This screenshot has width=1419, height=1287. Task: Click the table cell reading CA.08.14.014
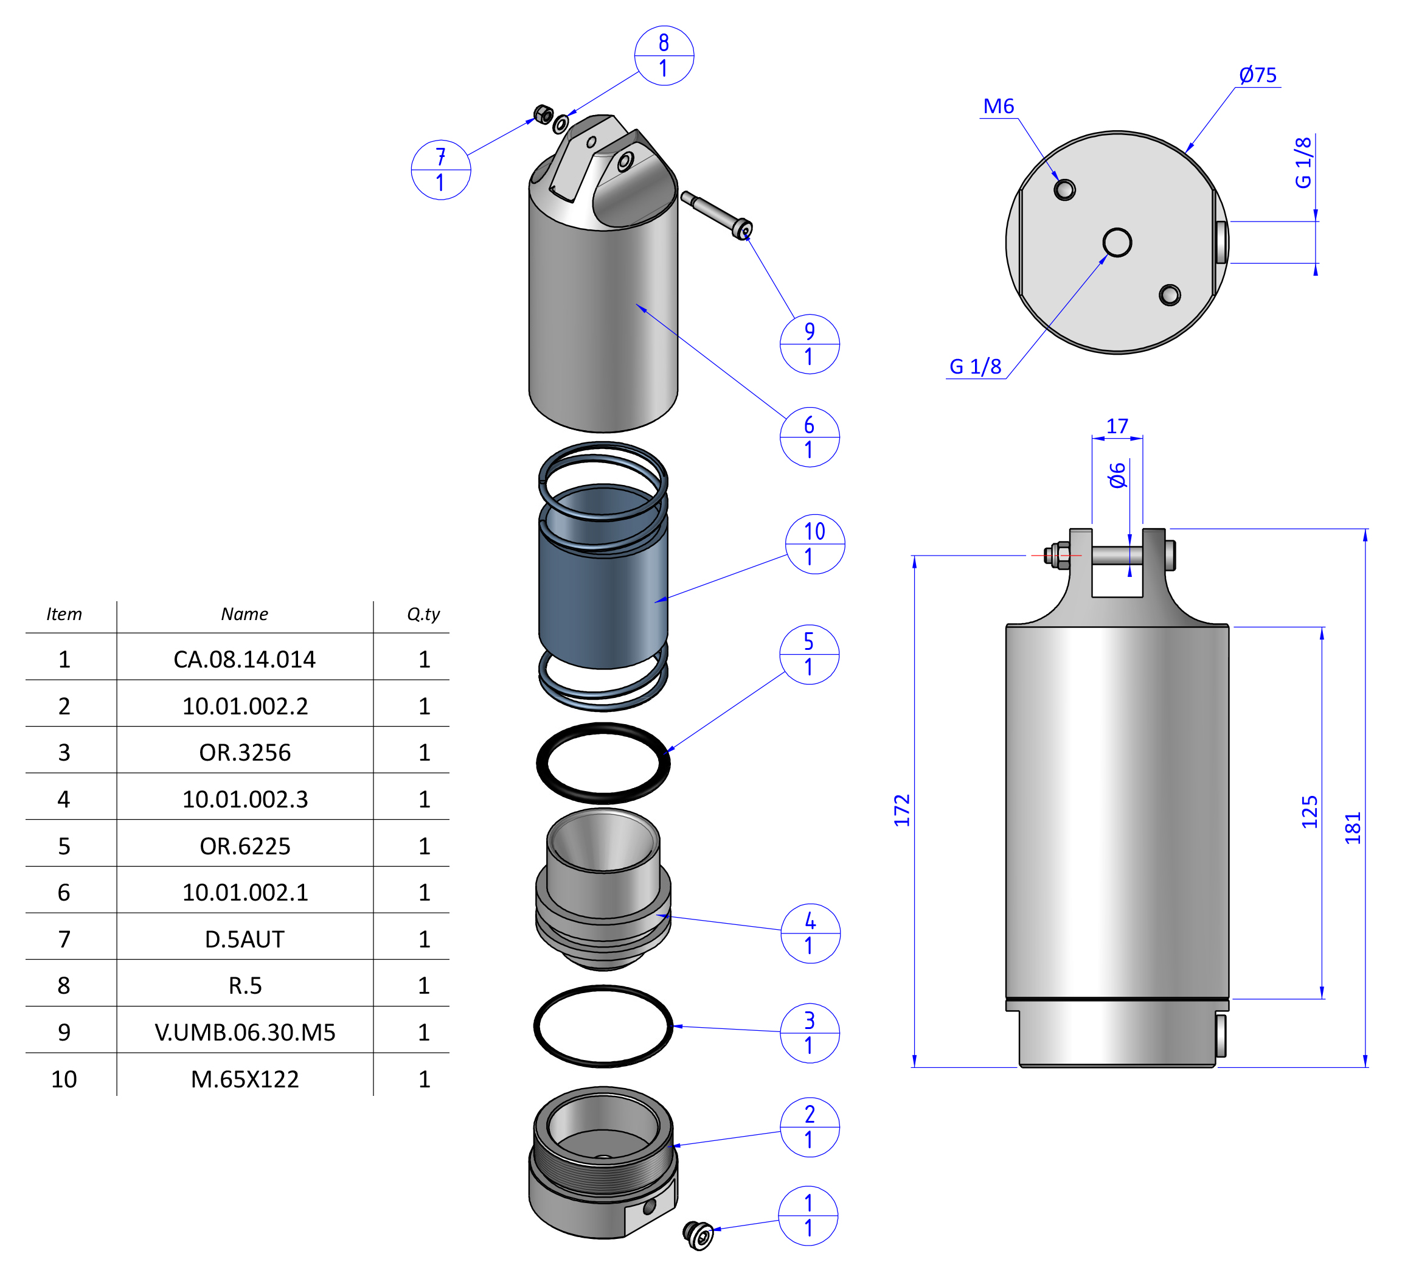[x=245, y=659]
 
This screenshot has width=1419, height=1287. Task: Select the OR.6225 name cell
[x=245, y=846]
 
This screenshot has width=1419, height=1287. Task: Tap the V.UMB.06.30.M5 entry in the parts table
[x=245, y=1032]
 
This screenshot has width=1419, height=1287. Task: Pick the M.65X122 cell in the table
[x=245, y=1079]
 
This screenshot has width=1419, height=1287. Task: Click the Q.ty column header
[x=423, y=614]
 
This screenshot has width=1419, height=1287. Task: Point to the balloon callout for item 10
[x=814, y=543]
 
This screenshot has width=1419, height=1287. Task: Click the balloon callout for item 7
[x=440, y=170]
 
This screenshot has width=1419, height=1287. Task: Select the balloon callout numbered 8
[x=664, y=55]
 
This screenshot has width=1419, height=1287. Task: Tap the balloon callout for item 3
[x=810, y=1033]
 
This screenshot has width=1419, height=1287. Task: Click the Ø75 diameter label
[x=1258, y=75]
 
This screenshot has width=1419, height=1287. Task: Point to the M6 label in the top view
[x=998, y=106]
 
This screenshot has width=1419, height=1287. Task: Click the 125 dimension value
[x=1309, y=811]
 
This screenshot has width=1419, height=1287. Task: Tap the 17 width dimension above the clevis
[x=1117, y=426]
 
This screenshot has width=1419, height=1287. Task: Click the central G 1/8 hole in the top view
[x=1117, y=242]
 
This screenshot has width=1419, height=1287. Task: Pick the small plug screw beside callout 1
[x=698, y=1235]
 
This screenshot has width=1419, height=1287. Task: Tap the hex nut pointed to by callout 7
[x=543, y=114]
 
